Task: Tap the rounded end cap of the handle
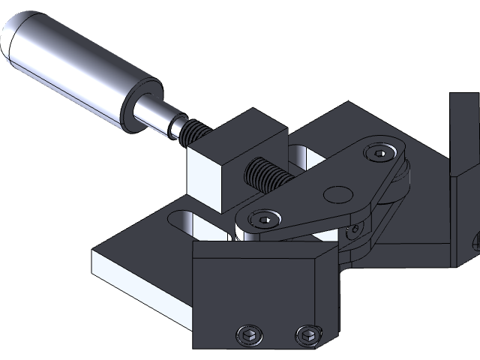[x=16, y=37]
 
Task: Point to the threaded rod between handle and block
[x=194, y=133]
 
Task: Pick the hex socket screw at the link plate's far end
[x=379, y=154]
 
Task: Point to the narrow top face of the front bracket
[x=262, y=248]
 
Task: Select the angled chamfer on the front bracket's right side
[x=330, y=300]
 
